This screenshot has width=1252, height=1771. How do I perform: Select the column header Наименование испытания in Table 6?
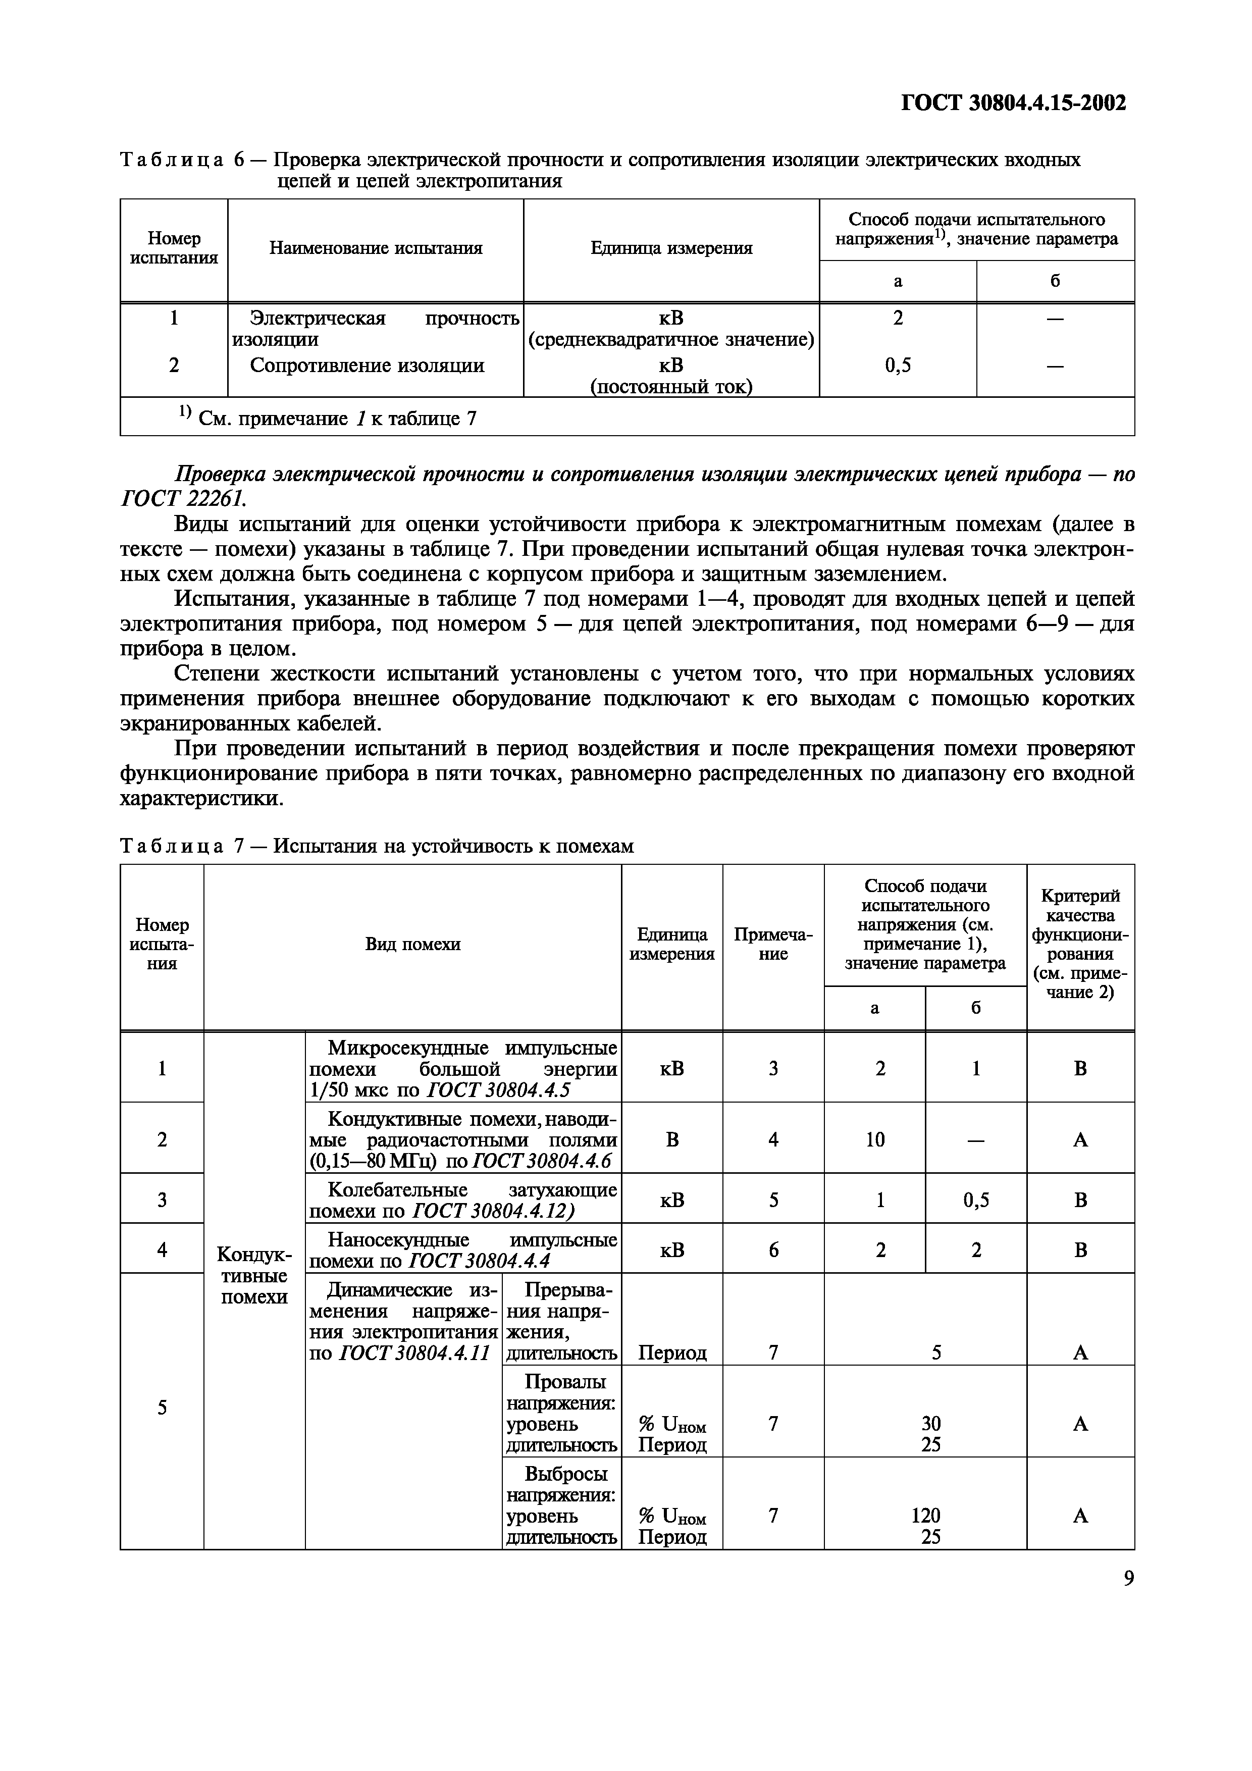click(x=376, y=248)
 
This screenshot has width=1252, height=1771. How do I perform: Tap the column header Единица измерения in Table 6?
click(x=671, y=248)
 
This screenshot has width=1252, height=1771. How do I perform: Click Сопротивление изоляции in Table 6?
click(x=367, y=366)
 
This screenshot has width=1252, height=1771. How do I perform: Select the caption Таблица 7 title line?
click(x=377, y=846)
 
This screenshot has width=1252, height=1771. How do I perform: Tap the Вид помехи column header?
click(x=412, y=944)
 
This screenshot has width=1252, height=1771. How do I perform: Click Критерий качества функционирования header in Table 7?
click(x=1080, y=944)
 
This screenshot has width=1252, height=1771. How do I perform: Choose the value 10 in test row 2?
click(x=875, y=1140)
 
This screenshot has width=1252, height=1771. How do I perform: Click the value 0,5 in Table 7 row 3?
click(x=976, y=1200)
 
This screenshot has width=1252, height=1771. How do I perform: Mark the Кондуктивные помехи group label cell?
click(x=254, y=1276)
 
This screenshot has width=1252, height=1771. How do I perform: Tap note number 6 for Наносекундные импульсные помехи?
click(x=773, y=1249)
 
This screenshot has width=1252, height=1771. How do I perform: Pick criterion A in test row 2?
click(x=1080, y=1140)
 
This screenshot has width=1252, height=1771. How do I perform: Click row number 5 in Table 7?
click(x=162, y=1408)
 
